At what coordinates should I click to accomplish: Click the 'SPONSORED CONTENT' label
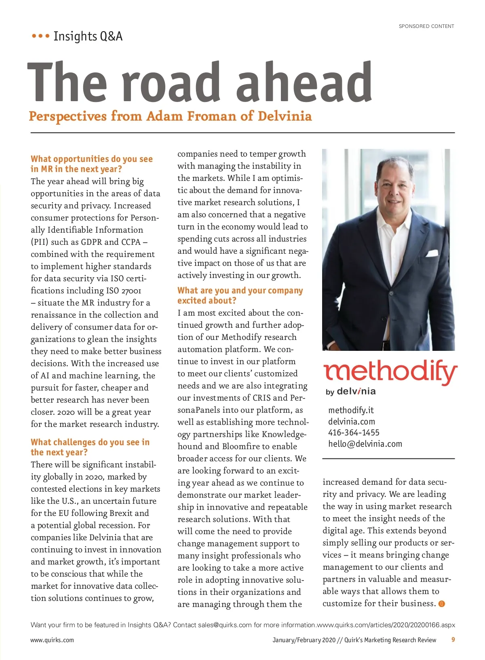click(426, 26)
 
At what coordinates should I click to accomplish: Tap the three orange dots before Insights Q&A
click(40, 36)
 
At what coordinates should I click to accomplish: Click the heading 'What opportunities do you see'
click(92, 159)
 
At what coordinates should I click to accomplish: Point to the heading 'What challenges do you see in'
click(90, 442)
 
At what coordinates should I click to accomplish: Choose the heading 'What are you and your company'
click(240, 291)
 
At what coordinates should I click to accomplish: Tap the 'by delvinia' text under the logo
click(350, 391)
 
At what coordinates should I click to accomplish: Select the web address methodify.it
click(351, 410)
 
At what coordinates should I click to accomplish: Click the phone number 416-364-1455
click(354, 433)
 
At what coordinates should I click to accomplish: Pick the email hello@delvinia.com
click(365, 444)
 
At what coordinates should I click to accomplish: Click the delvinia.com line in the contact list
click(352, 422)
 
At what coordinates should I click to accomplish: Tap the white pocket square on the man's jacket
click(432, 253)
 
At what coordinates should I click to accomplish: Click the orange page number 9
click(453, 640)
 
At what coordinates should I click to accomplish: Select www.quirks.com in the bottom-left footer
click(52, 640)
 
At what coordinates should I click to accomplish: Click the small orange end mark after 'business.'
click(442, 604)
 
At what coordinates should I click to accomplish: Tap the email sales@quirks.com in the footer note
click(225, 625)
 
